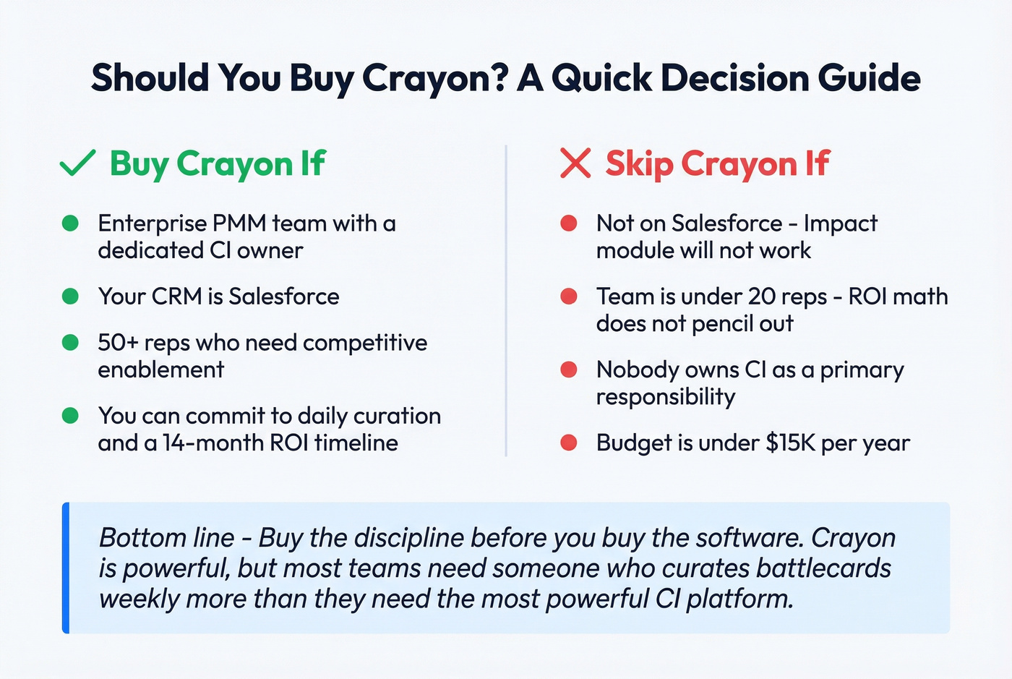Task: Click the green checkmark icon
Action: (x=77, y=163)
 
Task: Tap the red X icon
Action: (x=575, y=163)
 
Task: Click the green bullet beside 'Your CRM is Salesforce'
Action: (x=70, y=296)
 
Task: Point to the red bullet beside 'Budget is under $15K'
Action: (x=569, y=443)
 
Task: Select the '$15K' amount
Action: (x=791, y=443)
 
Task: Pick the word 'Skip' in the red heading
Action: (x=639, y=164)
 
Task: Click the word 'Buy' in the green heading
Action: (x=140, y=164)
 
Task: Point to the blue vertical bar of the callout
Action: (x=66, y=568)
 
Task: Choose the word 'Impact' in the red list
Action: (x=840, y=223)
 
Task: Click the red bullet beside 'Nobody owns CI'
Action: (x=569, y=370)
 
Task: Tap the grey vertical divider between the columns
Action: (x=506, y=300)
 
